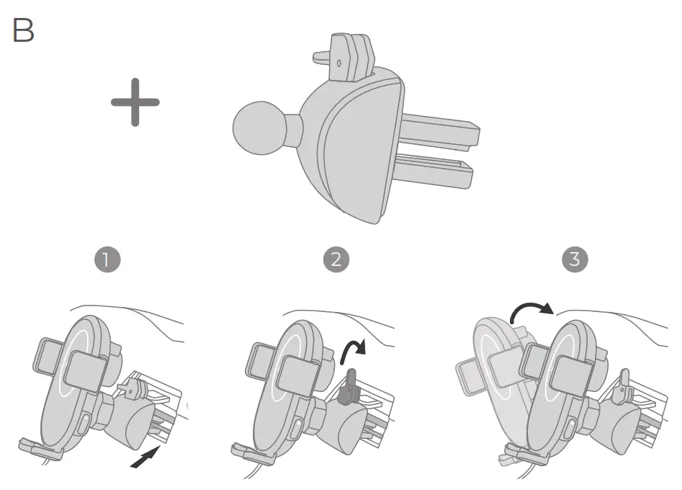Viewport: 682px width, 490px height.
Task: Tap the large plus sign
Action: tap(135, 102)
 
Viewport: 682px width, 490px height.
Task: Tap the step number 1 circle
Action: tap(107, 259)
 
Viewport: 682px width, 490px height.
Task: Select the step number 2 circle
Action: tap(336, 259)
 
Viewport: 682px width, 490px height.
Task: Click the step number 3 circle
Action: tap(574, 259)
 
